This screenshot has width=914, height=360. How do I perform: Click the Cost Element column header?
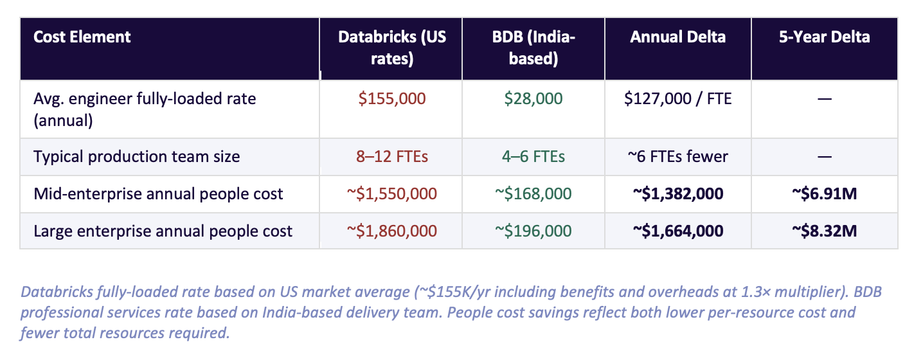82,37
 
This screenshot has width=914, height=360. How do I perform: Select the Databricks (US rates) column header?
391,48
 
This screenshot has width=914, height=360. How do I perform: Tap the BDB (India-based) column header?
533,48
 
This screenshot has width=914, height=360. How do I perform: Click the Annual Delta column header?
677,37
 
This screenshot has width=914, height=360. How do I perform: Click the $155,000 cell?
391,99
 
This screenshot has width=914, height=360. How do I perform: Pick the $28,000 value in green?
533,99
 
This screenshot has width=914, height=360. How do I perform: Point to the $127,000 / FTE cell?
677,99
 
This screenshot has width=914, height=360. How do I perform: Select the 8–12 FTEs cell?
391,156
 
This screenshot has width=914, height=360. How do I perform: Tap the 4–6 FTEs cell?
533,156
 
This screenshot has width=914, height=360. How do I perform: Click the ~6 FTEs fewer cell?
677,156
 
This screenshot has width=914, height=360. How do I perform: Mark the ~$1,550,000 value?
391,194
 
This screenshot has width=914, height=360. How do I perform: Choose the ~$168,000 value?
533,194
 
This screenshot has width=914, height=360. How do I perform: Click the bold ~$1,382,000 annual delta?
677,194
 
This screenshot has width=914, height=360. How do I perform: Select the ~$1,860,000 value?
391,231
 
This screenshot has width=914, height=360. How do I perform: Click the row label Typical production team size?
136,156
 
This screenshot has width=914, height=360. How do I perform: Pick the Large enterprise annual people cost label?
163,231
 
